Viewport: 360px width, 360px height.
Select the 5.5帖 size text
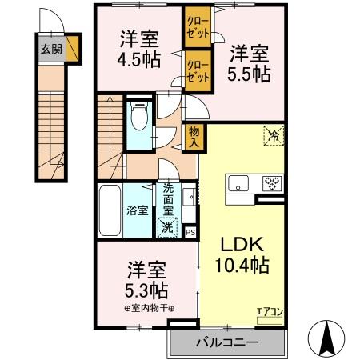click(250, 73)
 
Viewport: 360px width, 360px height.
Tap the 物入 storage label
click(193, 137)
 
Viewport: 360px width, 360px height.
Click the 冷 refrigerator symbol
click(274, 137)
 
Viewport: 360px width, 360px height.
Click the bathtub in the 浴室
click(110, 210)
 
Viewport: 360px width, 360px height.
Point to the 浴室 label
click(136, 211)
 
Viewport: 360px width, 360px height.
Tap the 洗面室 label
click(169, 201)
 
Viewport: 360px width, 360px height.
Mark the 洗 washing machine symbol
click(167, 226)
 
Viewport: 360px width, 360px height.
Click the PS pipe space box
click(190, 232)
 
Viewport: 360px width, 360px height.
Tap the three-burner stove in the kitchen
click(272, 184)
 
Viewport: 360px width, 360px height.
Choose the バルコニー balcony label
click(227, 343)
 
